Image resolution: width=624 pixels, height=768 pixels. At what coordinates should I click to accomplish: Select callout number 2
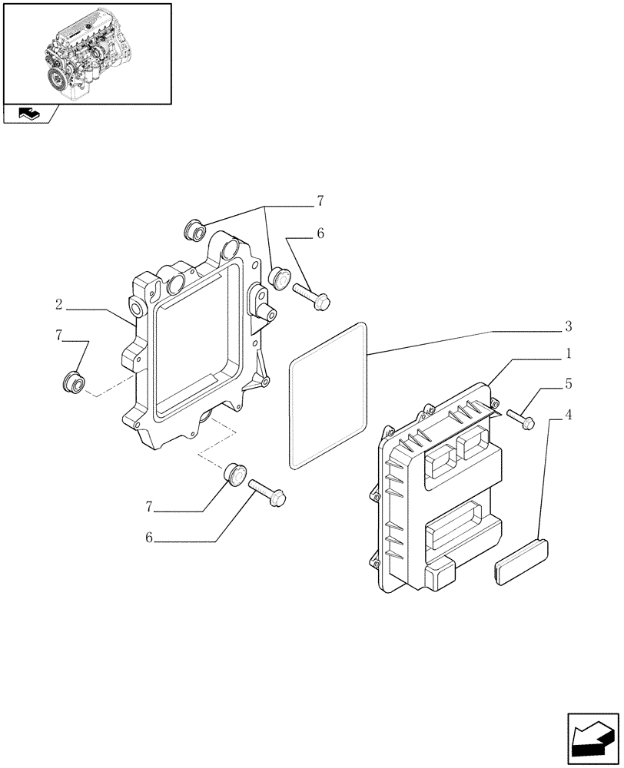pyautogui.click(x=58, y=305)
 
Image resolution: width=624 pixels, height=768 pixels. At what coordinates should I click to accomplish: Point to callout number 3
pyautogui.click(x=567, y=327)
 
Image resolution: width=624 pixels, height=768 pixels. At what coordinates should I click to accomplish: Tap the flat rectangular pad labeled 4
pyautogui.click(x=520, y=561)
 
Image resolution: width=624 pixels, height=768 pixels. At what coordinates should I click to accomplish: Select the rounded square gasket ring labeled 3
pyautogui.click(x=328, y=396)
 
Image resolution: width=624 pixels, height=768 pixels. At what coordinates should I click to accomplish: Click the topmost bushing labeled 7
pyautogui.click(x=193, y=228)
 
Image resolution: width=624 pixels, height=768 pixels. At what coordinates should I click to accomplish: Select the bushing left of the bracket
pyautogui.click(x=73, y=381)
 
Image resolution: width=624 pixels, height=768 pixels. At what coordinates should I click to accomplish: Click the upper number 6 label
pyautogui.click(x=320, y=233)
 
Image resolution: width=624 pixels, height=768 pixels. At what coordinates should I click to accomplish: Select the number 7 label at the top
pyautogui.click(x=320, y=202)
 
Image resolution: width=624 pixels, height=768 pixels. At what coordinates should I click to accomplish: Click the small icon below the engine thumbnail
pyautogui.click(x=29, y=114)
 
